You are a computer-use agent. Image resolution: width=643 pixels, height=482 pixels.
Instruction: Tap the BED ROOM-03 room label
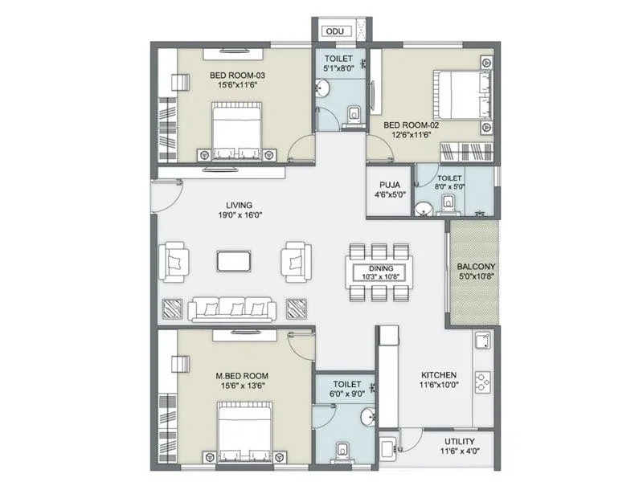click(237, 76)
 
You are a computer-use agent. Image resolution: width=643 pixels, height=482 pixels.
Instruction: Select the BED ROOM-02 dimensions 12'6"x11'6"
click(408, 135)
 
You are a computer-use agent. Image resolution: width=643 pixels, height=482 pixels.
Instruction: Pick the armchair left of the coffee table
click(174, 262)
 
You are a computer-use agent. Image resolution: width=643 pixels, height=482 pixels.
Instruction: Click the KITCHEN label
click(440, 375)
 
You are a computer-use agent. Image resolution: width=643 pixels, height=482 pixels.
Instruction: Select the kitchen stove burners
click(484, 382)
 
